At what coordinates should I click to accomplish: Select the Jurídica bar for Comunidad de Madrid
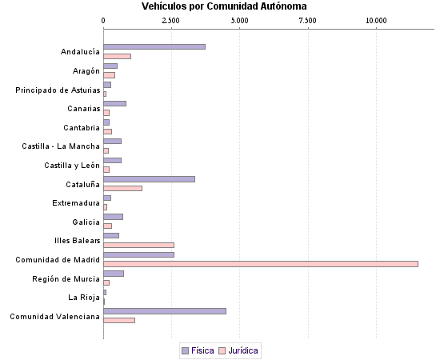261,264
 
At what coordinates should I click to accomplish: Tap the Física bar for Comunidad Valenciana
165,311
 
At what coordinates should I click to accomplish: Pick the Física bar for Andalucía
154,47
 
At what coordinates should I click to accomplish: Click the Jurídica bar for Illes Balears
138,245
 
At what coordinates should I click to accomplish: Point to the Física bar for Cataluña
149,179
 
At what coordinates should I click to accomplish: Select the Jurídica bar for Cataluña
122,188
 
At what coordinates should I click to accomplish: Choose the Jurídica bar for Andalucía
117,56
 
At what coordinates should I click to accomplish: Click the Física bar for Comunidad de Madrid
138,254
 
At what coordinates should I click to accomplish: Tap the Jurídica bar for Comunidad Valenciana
119,320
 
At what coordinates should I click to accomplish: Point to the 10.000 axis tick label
376,19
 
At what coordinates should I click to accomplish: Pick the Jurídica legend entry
243,350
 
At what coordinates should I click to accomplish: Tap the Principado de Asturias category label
58,90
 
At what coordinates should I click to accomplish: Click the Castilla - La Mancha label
61,146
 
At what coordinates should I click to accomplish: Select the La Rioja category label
83,298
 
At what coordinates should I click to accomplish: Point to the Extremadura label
76,203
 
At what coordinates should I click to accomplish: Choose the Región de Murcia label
66,278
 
